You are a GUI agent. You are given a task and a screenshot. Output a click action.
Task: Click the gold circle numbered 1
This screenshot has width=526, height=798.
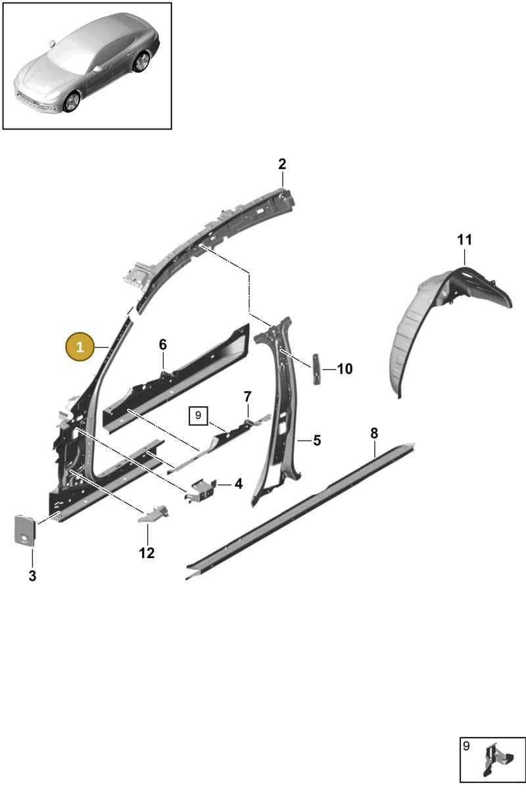[x=80, y=346]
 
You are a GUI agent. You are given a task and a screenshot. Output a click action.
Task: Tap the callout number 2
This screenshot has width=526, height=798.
[x=282, y=164]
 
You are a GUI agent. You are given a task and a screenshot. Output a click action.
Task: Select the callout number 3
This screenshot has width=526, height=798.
[x=32, y=576]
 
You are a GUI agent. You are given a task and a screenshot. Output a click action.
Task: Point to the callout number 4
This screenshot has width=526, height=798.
[x=239, y=484]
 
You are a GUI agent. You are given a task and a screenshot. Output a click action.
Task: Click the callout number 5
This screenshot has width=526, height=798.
[x=317, y=440]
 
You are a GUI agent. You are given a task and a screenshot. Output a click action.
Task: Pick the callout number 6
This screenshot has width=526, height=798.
[x=162, y=344]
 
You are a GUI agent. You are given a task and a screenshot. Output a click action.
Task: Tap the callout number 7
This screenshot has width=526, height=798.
[x=248, y=396]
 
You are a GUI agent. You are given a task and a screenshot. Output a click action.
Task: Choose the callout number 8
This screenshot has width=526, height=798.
[x=374, y=433]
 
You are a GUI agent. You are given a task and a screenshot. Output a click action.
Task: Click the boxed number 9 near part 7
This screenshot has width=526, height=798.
[x=198, y=415]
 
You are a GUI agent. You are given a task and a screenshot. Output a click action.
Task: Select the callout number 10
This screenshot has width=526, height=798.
[x=345, y=369]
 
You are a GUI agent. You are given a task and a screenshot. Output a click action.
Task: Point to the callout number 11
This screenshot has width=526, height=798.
[x=464, y=240]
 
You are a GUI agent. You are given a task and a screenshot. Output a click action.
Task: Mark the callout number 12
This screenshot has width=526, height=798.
[x=147, y=553]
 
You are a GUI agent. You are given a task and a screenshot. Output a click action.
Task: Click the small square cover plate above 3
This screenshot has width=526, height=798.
[x=25, y=530]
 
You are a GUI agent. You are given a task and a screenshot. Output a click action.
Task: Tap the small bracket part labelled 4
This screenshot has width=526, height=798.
[x=201, y=490]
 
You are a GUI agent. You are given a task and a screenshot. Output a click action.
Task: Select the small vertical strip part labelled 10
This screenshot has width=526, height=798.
[x=316, y=369]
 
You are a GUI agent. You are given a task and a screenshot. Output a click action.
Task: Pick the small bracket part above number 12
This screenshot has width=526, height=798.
[x=154, y=513]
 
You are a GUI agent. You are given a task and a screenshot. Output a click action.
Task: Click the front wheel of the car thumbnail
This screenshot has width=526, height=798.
[x=72, y=102]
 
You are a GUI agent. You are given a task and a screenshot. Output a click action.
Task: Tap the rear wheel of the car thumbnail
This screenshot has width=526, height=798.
[x=141, y=62]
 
